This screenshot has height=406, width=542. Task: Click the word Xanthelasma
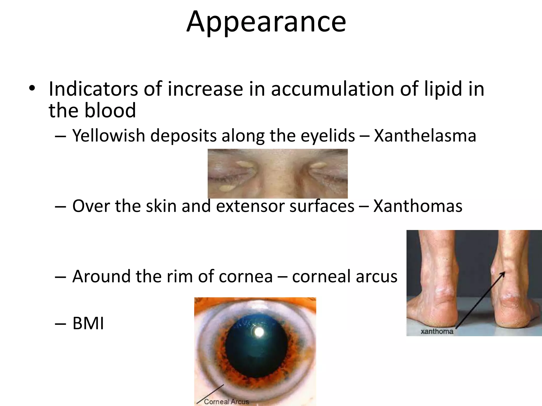pos(425,136)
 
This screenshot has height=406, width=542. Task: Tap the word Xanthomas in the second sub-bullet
pos(418,206)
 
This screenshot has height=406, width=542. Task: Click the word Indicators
pos(93,89)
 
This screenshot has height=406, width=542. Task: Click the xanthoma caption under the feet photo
pos(437,331)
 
